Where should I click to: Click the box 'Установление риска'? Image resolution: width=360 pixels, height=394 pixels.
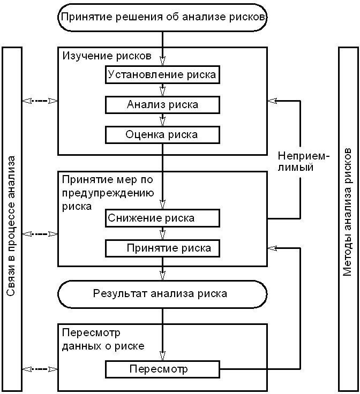162,74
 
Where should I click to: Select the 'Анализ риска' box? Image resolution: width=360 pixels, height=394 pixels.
162,104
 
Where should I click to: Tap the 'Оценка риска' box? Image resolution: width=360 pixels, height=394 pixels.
162,134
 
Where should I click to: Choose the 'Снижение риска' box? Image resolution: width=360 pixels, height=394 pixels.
162,218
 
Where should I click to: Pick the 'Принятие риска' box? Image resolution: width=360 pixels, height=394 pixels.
162,248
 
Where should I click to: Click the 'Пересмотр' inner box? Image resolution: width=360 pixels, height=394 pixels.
162,369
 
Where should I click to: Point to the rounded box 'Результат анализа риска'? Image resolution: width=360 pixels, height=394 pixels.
161,293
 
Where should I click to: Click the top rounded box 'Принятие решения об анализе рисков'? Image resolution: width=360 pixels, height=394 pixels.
162,17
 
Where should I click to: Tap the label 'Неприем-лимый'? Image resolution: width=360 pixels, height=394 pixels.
303,161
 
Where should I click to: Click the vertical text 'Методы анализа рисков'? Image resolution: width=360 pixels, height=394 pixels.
348,219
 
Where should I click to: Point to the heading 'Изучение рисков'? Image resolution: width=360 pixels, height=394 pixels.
107,56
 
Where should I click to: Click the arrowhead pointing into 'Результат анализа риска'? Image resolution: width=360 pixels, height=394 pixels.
162,276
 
